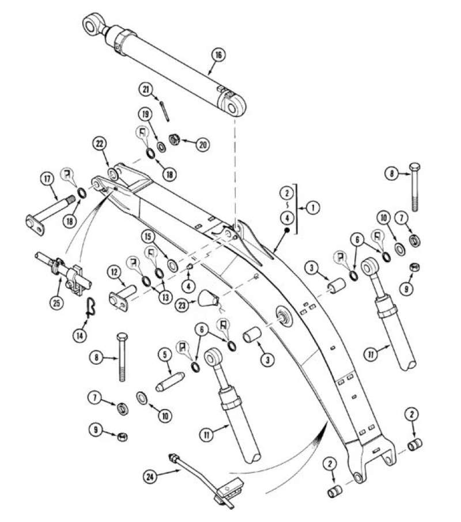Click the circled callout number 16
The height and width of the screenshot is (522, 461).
(217, 55)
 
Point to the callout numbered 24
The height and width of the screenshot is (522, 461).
(150, 475)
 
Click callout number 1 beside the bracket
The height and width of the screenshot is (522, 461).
(312, 207)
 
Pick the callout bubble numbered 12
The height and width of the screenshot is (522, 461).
(115, 270)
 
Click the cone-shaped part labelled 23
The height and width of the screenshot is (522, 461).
(207, 298)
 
